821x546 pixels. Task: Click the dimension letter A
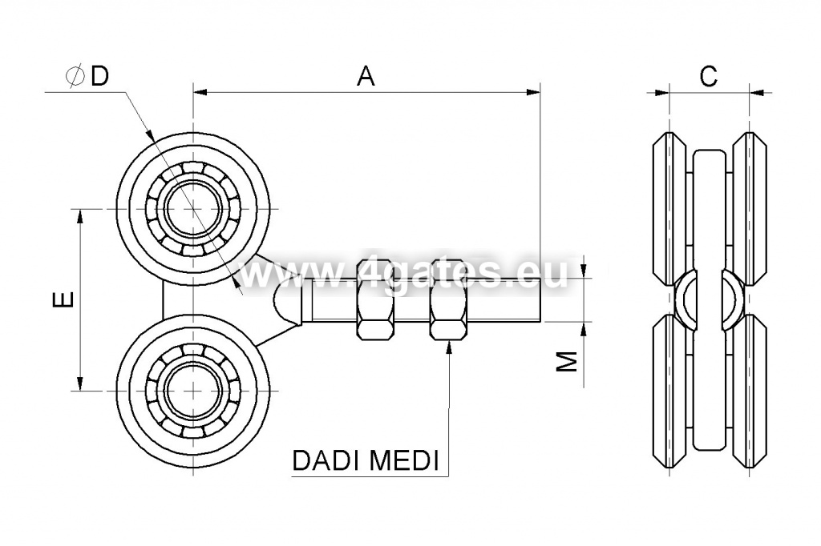pyautogui.click(x=366, y=76)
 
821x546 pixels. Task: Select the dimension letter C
pyautogui.click(x=708, y=76)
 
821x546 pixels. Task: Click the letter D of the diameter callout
pyautogui.click(x=99, y=76)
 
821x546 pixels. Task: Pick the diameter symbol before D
pyautogui.click(x=75, y=76)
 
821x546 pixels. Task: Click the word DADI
pyautogui.click(x=326, y=461)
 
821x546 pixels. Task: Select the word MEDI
pyautogui.click(x=404, y=461)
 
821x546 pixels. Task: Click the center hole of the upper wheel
pyautogui.click(x=194, y=209)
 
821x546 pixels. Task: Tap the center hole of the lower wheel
pyautogui.click(x=194, y=390)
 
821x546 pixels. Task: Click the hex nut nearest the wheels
pyautogui.click(x=375, y=299)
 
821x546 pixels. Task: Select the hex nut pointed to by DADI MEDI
pyautogui.click(x=448, y=299)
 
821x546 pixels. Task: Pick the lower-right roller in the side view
pyautogui.click(x=750, y=391)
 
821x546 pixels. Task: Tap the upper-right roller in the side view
pyautogui.click(x=750, y=209)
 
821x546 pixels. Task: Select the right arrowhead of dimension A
pyautogui.click(x=533, y=93)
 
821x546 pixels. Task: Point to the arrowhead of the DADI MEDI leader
pyautogui.click(x=449, y=347)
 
